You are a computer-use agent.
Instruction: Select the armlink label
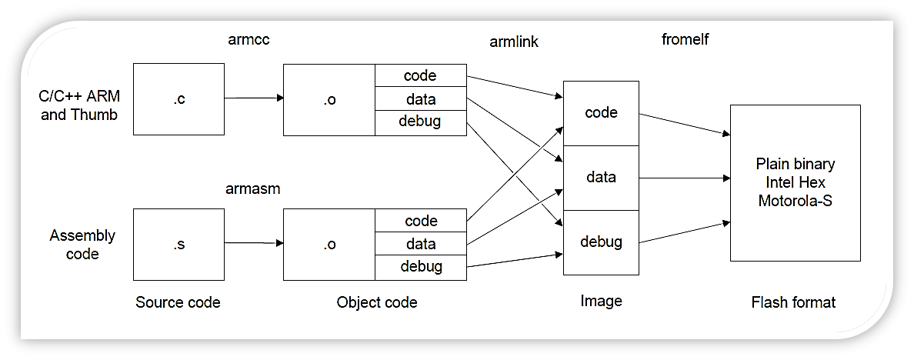point(514,42)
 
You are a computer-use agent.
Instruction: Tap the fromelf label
point(685,39)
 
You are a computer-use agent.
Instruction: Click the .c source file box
point(178,98)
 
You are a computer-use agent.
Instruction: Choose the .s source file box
point(178,245)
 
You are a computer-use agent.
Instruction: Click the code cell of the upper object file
point(420,75)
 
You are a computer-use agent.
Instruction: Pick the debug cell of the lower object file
point(420,267)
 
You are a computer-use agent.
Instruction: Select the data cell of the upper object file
point(420,98)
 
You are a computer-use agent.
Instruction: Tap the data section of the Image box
point(601,178)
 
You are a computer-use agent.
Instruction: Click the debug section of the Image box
point(601,242)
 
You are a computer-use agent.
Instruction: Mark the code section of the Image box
point(601,112)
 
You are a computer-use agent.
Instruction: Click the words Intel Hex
point(795,182)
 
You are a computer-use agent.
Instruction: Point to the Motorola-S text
point(795,201)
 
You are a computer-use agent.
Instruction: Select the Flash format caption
point(793,302)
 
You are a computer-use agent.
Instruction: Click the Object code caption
point(377,302)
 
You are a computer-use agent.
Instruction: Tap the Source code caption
point(178,302)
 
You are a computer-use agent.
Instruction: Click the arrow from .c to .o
point(254,98)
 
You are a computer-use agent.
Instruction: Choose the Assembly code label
point(82,244)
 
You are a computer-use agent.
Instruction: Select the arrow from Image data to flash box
point(684,178)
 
